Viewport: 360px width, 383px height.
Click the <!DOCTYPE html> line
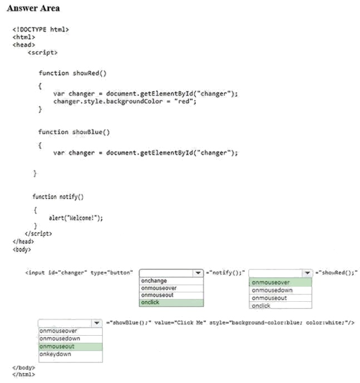[x=41, y=29]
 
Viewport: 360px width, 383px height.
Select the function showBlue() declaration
[x=74, y=132]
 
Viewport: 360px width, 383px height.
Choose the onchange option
[x=154, y=281]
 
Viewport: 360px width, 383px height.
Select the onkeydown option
[x=56, y=354]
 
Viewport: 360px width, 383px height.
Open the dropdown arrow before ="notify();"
[x=198, y=273]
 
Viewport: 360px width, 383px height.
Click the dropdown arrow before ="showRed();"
[x=307, y=273]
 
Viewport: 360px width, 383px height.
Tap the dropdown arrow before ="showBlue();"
[x=97, y=323]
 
